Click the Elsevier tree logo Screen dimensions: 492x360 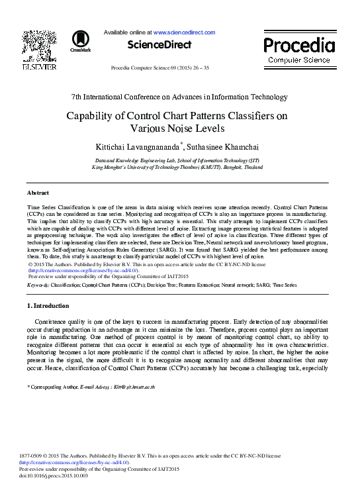39,46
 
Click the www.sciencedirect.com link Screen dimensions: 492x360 185,32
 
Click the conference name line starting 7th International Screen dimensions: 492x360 179,97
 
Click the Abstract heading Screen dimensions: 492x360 38,193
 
